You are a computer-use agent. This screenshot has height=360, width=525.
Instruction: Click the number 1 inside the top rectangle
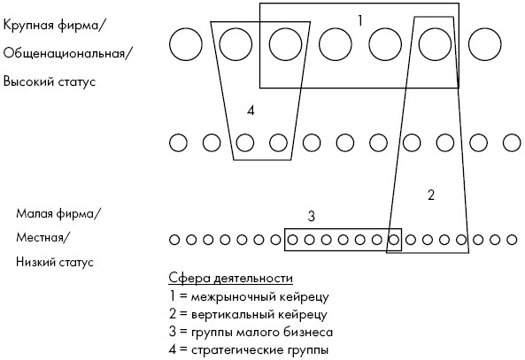(x=360, y=20)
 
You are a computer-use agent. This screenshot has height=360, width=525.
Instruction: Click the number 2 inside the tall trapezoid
(x=431, y=195)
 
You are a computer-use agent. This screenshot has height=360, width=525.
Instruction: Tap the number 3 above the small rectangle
(x=312, y=217)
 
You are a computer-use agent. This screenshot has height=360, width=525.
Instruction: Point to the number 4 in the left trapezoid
(x=251, y=110)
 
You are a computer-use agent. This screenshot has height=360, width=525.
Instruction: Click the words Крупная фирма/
(x=52, y=26)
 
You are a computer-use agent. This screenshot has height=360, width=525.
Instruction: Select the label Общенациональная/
(x=66, y=54)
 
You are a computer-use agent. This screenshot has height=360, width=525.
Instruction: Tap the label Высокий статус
(x=50, y=81)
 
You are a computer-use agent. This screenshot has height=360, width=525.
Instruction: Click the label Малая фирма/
(x=58, y=213)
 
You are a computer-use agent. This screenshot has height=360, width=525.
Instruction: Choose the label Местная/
(x=43, y=238)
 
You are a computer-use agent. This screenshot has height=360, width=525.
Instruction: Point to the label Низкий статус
(x=55, y=262)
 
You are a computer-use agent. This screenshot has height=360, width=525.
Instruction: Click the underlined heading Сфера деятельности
(x=231, y=279)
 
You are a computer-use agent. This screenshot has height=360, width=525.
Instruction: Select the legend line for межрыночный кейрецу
(x=249, y=297)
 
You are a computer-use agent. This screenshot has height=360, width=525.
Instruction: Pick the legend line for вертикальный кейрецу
(x=248, y=315)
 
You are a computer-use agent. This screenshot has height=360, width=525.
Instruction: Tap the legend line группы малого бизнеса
(x=251, y=333)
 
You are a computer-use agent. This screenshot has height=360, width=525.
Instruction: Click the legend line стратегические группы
(x=249, y=350)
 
